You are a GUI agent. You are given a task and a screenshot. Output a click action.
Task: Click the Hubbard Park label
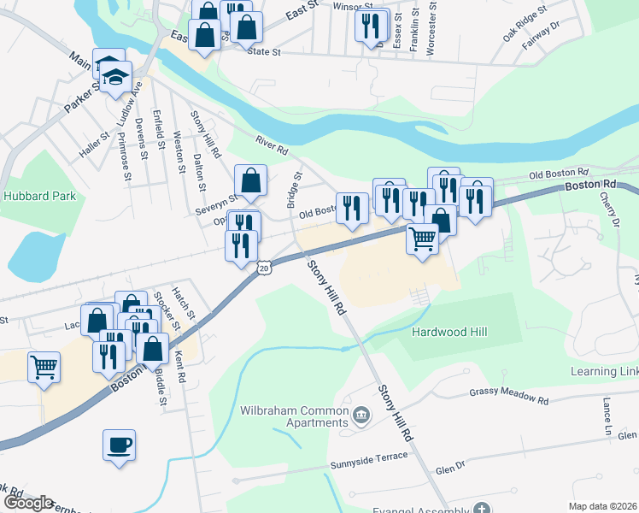pyautogui.click(x=39, y=196)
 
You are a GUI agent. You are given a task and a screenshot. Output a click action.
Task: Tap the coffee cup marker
pyautogui.click(x=119, y=445)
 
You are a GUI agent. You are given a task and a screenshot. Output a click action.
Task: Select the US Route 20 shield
pyautogui.click(x=264, y=268)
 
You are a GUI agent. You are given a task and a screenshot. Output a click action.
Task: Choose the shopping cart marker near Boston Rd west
pyautogui.click(x=44, y=368)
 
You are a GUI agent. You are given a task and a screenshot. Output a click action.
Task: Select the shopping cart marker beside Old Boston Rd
pyautogui.click(x=422, y=239)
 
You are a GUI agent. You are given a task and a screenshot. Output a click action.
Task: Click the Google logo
pyautogui.click(x=27, y=503)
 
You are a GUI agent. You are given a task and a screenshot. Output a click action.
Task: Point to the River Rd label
pyautogui.click(x=272, y=144)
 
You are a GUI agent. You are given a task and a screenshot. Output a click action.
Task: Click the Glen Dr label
pyautogui.click(x=449, y=468)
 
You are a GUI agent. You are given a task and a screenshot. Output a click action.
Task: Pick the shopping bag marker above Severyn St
pyautogui.click(x=250, y=180)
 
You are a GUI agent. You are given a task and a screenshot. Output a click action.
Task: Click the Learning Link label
pyautogui.click(x=605, y=372)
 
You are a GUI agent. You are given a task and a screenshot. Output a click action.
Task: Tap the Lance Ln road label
pyautogui.click(x=607, y=414)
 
